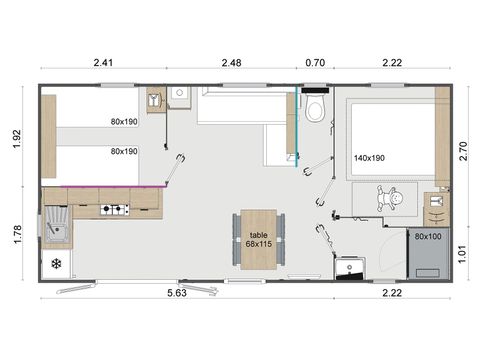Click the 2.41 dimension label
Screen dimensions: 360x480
104,63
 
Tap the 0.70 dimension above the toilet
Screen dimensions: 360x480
314,63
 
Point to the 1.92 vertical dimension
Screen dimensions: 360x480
17,137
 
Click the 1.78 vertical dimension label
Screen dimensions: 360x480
17,234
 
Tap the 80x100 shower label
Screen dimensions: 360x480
429,236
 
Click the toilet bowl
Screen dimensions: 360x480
315,109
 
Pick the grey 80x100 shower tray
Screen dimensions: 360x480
429,255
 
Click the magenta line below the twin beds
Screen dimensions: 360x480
102,186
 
